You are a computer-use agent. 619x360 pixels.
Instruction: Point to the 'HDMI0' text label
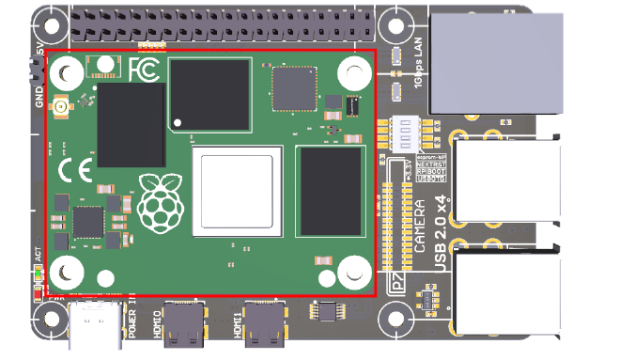pos(156,321)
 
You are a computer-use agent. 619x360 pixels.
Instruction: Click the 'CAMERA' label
pos(420,228)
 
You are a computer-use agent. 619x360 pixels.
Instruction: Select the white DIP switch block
pos(404,132)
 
